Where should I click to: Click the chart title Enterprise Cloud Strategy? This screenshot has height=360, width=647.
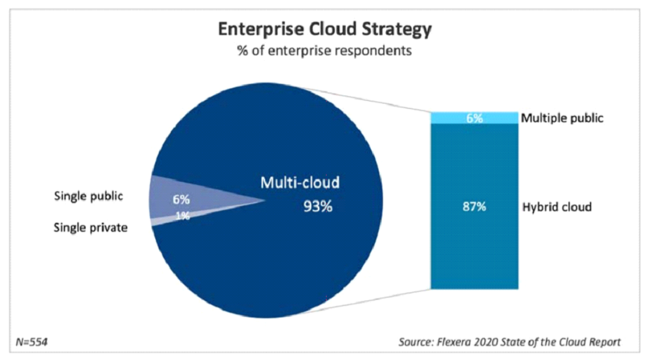[x=323, y=30]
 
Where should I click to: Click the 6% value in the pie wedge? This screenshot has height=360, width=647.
[x=181, y=200]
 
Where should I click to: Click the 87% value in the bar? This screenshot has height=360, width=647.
[x=475, y=207]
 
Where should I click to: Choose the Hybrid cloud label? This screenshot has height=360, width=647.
[x=557, y=207]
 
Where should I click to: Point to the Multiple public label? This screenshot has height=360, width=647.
[x=563, y=118]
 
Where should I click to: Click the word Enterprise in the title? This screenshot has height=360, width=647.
[x=256, y=30]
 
